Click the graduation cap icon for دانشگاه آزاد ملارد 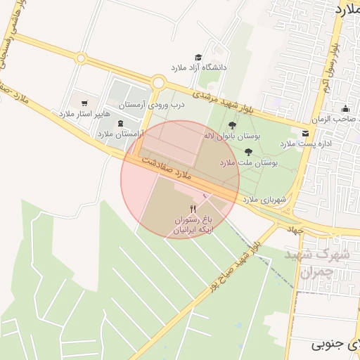click(199, 57)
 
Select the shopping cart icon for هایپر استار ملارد click(84, 103)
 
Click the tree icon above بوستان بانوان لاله click(232, 125)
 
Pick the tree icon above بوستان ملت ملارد click(248, 151)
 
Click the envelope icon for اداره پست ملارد click(304, 133)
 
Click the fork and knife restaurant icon click(193, 209)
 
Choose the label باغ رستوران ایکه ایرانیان click(193, 224)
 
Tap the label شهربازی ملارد click(265, 200)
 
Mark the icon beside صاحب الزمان click(345, 108)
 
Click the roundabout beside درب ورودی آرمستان click(157, 82)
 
